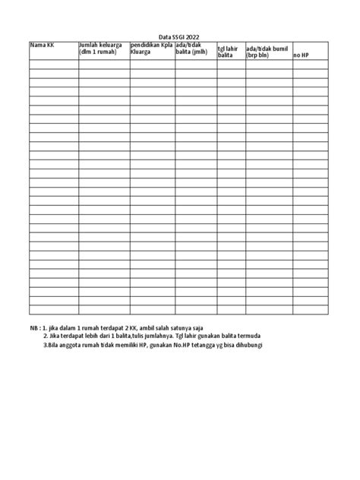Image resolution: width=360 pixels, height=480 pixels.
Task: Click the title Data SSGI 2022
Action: click(180, 37)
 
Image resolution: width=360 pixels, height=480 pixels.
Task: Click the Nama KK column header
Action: click(42, 46)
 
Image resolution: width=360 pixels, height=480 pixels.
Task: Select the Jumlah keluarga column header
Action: click(102, 49)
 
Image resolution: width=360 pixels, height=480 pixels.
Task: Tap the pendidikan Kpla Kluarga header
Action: click(150, 49)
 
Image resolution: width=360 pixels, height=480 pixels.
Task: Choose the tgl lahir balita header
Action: click(228, 52)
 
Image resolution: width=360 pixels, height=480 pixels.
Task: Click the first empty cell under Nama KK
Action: click(53, 64)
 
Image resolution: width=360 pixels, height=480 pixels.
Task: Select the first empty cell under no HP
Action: click(310, 64)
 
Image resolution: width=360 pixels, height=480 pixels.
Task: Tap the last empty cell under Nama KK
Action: click(53, 309)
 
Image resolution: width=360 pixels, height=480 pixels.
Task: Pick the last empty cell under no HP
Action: click(310, 309)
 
